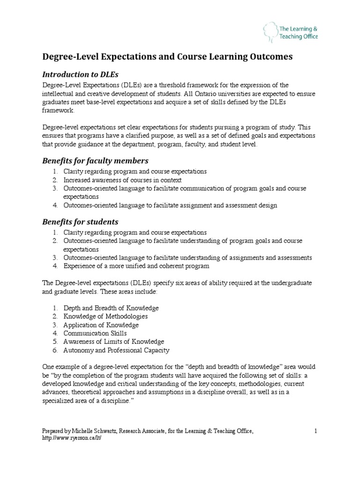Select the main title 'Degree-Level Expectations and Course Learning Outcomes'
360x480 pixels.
pyautogui.click(x=167, y=56)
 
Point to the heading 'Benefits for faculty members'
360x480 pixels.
pyautogui.click(x=95, y=161)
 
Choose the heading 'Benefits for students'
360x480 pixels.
pyautogui.click(x=80, y=221)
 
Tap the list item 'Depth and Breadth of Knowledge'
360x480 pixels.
pyautogui.click(x=111, y=308)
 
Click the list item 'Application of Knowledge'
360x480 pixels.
pyautogui.click(x=101, y=325)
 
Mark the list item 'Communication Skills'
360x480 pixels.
pyautogui.click(x=95, y=333)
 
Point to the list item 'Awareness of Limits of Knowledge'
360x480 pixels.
pyautogui.click(x=114, y=342)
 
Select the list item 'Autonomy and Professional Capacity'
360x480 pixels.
pyautogui.click(x=116, y=350)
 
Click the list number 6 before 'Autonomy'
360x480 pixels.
pyautogui.click(x=54, y=350)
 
